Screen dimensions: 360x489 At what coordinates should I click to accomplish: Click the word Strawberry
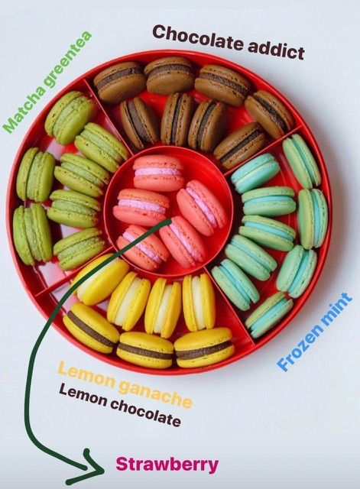(167, 465)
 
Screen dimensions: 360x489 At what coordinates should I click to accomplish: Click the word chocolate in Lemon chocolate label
(146, 412)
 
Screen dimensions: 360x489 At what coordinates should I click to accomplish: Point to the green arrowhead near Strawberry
(90, 468)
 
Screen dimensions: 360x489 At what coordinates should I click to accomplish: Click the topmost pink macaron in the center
(158, 173)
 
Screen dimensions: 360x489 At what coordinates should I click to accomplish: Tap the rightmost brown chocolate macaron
(268, 114)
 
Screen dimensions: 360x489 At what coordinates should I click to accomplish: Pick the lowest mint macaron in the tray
(269, 315)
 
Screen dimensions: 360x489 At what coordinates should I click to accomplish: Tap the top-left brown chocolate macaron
(119, 83)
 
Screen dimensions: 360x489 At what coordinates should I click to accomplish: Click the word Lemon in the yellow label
(87, 374)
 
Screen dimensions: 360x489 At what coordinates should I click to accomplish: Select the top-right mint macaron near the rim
(301, 161)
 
